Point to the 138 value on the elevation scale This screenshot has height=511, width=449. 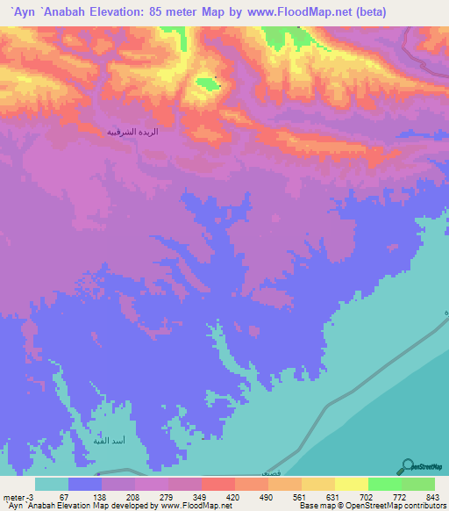coord(101,497)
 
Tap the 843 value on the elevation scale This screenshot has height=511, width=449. coord(434,497)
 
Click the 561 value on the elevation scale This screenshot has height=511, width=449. coord(301,497)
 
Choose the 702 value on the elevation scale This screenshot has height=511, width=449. coord(367,497)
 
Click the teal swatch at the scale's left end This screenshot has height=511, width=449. coord(52,484)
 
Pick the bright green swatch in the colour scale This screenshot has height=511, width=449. coord(384,484)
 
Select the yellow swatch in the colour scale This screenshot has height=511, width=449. coord(351,484)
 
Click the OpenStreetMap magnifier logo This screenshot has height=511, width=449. coord(409,465)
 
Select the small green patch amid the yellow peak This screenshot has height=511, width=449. coord(206,83)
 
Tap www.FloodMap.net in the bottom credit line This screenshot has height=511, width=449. coord(192,506)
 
